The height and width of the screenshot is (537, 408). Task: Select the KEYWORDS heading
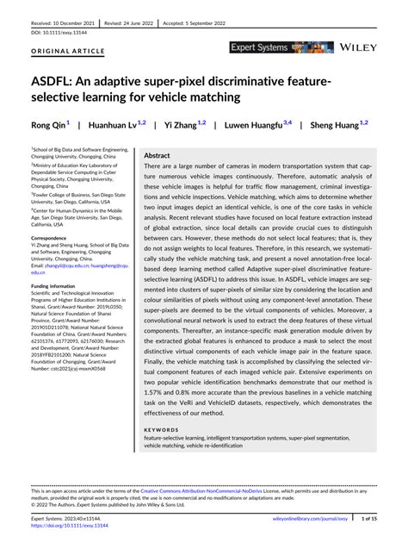161,426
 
